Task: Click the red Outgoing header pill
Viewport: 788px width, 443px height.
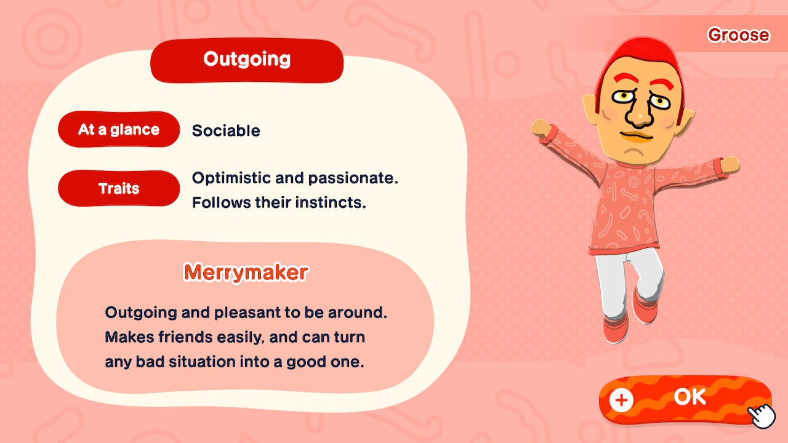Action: point(247,60)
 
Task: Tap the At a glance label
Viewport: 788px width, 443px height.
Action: point(119,130)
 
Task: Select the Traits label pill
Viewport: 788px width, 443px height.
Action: point(119,188)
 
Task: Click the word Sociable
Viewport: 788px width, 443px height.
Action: point(226,131)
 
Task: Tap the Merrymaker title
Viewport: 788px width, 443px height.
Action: point(246,272)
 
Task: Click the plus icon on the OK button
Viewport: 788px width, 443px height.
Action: point(621,400)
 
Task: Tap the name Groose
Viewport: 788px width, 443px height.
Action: point(738,35)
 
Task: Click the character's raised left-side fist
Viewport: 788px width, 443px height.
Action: point(541,128)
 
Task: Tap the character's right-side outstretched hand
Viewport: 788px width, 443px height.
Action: point(730,164)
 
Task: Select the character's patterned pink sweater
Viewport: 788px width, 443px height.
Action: point(628,203)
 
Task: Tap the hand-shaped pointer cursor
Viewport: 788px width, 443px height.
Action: point(763,415)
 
